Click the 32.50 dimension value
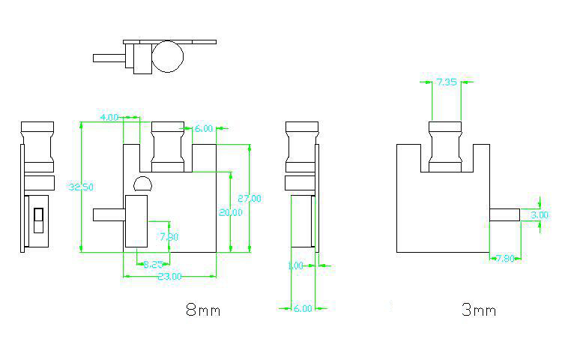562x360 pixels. pos(80,187)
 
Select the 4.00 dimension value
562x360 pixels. pos(109,118)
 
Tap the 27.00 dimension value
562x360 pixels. pos(249,199)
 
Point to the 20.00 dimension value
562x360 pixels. pos(231,212)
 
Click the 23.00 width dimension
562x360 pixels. pos(169,276)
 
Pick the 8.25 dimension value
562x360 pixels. pos(154,263)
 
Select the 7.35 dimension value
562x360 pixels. pos(447,82)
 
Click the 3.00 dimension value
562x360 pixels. pos(539,214)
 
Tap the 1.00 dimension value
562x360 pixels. pos(296,265)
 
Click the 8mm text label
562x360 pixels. pos(202,309)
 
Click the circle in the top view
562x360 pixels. pos(169,57)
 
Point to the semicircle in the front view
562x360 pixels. pos(142,184)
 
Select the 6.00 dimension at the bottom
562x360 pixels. pos(302,307)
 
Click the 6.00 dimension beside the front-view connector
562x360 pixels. pos(203,129)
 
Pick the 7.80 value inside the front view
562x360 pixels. pos(169,237)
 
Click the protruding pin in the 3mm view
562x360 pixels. pos(504,214)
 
